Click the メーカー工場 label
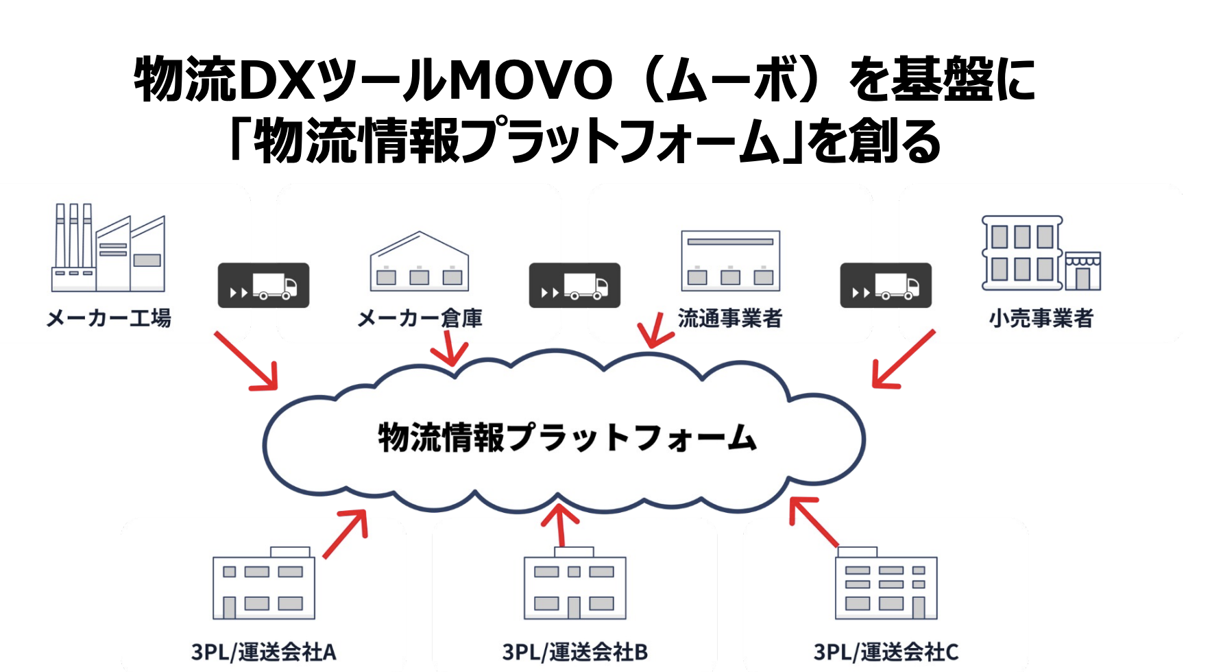click(x=109, y=318)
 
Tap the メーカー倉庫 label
click(x=420, y=318)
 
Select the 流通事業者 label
click(x=730, y=318)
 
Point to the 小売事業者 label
click(x=1041, y=318)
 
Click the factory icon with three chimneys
click(x=108, y=248)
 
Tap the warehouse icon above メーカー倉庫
click(x=419, y=262)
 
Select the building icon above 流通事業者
click(x=730, y=261)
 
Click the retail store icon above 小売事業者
click(x=1041, y=254)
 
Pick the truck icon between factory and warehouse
click(x=263, y=285)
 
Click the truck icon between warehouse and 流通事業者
click(x=574, y=285)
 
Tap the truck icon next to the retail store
click(x=886, y=285)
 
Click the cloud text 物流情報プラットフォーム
click(x=567, y=437)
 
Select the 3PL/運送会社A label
click(x=264, y=651)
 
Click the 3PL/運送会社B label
click(x=574, y=651)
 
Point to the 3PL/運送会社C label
click(x=886, y=651)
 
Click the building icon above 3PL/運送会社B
click(x=574, y=584)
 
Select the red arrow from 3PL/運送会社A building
click(x=346, y=533)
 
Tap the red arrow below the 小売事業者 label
click(x=903, y=359)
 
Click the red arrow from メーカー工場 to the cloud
click(x=246, y=361)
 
